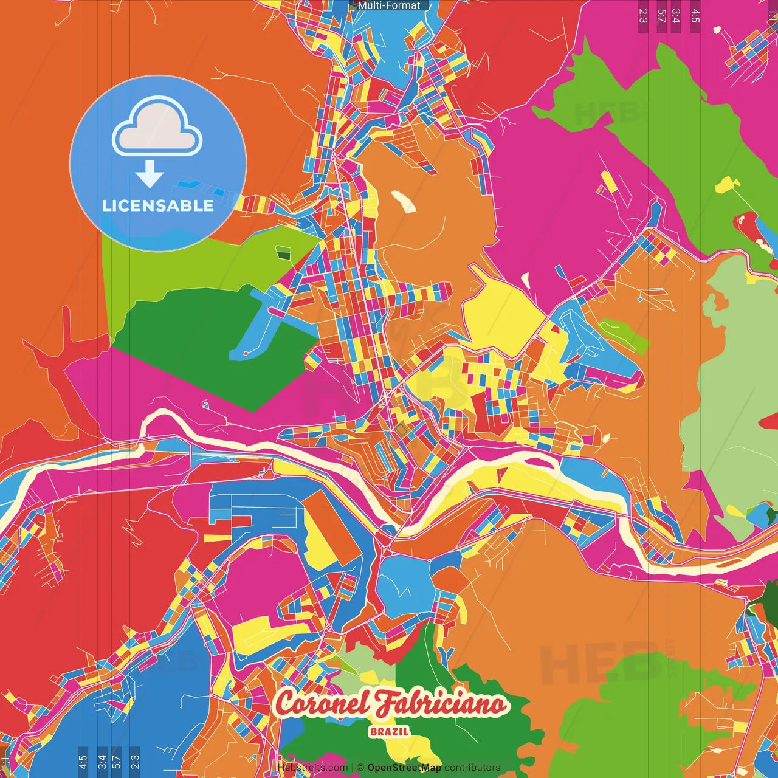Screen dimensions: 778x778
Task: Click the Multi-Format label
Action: pyautogui.click(x=388, y=5)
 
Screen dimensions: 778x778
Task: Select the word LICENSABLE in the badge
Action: pyautogui.click(x=158, y=205)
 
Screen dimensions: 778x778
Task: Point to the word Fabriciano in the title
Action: pyautogui.click(x=439, y=704)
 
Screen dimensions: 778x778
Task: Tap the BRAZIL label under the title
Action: pyautogui.click(x=389, y=732)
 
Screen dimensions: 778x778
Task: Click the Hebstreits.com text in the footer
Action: pyautogui.click(x=312, y=768)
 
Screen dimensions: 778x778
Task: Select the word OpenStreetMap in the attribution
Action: pyautogui.click(x=404, y=768)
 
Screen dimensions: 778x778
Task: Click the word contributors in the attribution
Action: pyautogui.click(x=472, y=768)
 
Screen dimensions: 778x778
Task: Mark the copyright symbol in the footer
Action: pyautogui.click(x=360, y=768)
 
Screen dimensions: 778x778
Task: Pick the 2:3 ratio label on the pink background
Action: pyautogui.click(x=643, y=15)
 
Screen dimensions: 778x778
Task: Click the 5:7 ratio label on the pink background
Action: pyautogui.click(x=661, y=15)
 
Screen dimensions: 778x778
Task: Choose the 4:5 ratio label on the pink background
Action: pyautogui.click(x=695, y=15)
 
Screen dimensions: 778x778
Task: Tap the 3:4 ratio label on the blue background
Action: pyautogui.click(x=102, y=762)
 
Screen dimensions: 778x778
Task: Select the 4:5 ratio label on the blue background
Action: pyautogui.click(x=83, y=762)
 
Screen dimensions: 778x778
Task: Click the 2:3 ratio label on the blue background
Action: pyautogui.click(x=135, y=762)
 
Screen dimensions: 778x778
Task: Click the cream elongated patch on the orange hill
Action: pyautogui.click(x=403, y=201)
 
